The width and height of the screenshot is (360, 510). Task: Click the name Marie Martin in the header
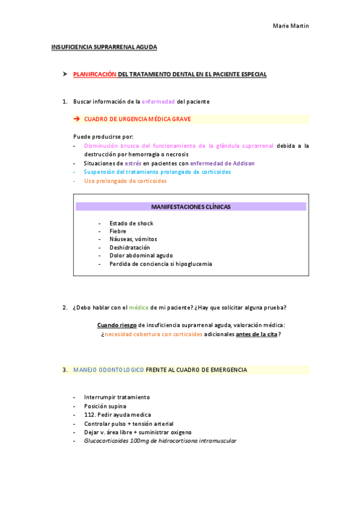tap(291, 26)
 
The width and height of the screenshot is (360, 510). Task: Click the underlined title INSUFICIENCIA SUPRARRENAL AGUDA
tap(104, 46)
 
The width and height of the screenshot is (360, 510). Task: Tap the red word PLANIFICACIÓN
tap(94, 74)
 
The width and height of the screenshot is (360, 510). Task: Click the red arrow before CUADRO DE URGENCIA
tap(76, 119)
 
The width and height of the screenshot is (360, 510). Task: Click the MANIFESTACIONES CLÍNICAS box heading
tap(191, 206)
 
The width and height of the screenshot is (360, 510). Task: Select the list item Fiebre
tap(118, 231)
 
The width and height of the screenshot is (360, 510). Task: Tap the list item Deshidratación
tap(129, 247)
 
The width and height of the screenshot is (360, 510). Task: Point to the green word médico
tap(139, 308)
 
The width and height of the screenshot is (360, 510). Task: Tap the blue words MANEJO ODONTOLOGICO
tap(108, 370)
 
